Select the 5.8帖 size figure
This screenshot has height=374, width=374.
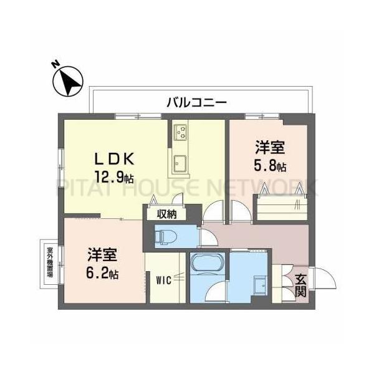pyautogui.click(x=271, y=166)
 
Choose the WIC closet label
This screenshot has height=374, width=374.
pyautogui.click(x=163, y=280)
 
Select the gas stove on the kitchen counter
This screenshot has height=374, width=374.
pyautogui.click(x=181, y=132)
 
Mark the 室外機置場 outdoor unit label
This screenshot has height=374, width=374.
pyautogui.click(x=49, y=262)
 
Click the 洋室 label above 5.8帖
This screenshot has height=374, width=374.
pyautogui.click(x=270, y=148)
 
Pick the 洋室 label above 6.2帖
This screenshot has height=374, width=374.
pyautogui.click(x=102, y=255)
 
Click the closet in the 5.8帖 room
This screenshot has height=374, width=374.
pyautogui.click(x=279, y=206)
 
